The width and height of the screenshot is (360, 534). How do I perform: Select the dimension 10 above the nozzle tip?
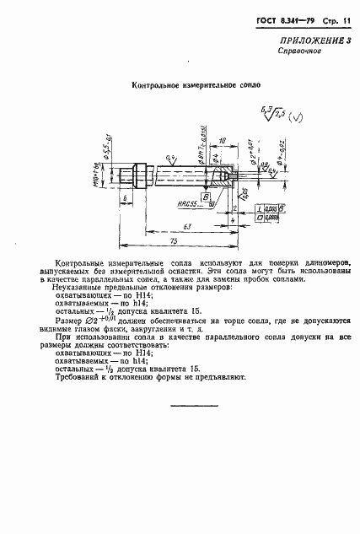click(220, 139)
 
